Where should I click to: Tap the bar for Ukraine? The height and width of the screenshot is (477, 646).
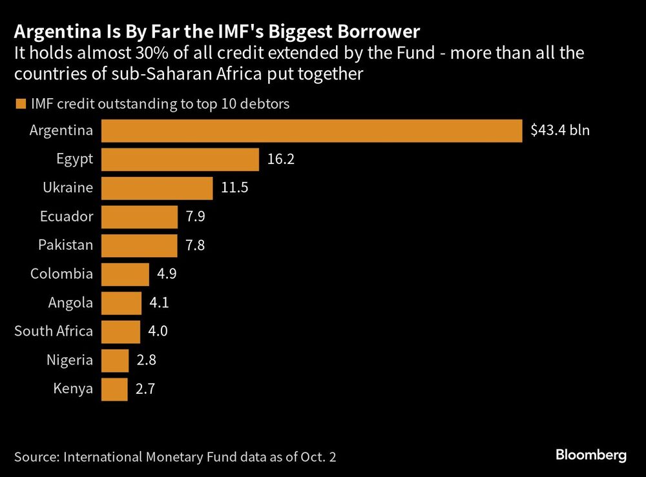coord(157,188)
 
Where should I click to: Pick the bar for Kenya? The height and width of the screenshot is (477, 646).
coord(114,389)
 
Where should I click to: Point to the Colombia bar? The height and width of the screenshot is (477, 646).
coord(125,274)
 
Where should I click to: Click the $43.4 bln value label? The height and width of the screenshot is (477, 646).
coord(559,130)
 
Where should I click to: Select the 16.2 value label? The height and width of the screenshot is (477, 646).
coord(280,159)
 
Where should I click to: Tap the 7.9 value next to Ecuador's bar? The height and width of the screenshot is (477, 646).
coord(196,217)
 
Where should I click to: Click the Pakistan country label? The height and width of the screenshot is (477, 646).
coord(65,245)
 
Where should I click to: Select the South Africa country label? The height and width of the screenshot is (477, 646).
coord(54,332)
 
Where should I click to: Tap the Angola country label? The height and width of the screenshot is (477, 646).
coord(70,303)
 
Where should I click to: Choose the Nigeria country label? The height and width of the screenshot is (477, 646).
coord(70,360)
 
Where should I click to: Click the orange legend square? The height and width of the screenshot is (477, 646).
coord(20,103)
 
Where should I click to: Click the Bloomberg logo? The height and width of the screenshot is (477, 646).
coord(591,456)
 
